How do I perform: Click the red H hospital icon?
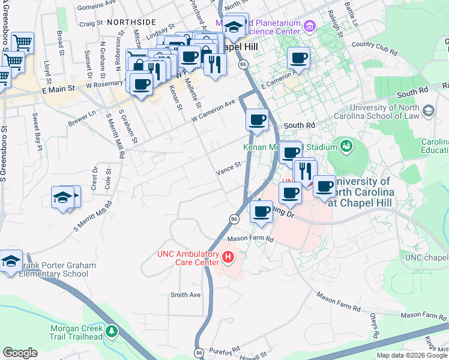[x=228, y=258]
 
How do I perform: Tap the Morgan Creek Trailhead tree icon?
[x=111, y=331]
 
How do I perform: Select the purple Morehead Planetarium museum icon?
[x=310, y=25]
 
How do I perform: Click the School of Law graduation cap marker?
[x=429, y=110]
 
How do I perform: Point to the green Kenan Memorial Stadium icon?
[x=346, y=145]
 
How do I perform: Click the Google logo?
[x=20, y=353]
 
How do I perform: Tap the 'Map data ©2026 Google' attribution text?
[x=412, y=355]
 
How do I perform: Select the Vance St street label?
[x=228, y=169]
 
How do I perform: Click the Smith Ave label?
[x=185, y=295]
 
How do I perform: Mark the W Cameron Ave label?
[x=212, y=112]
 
